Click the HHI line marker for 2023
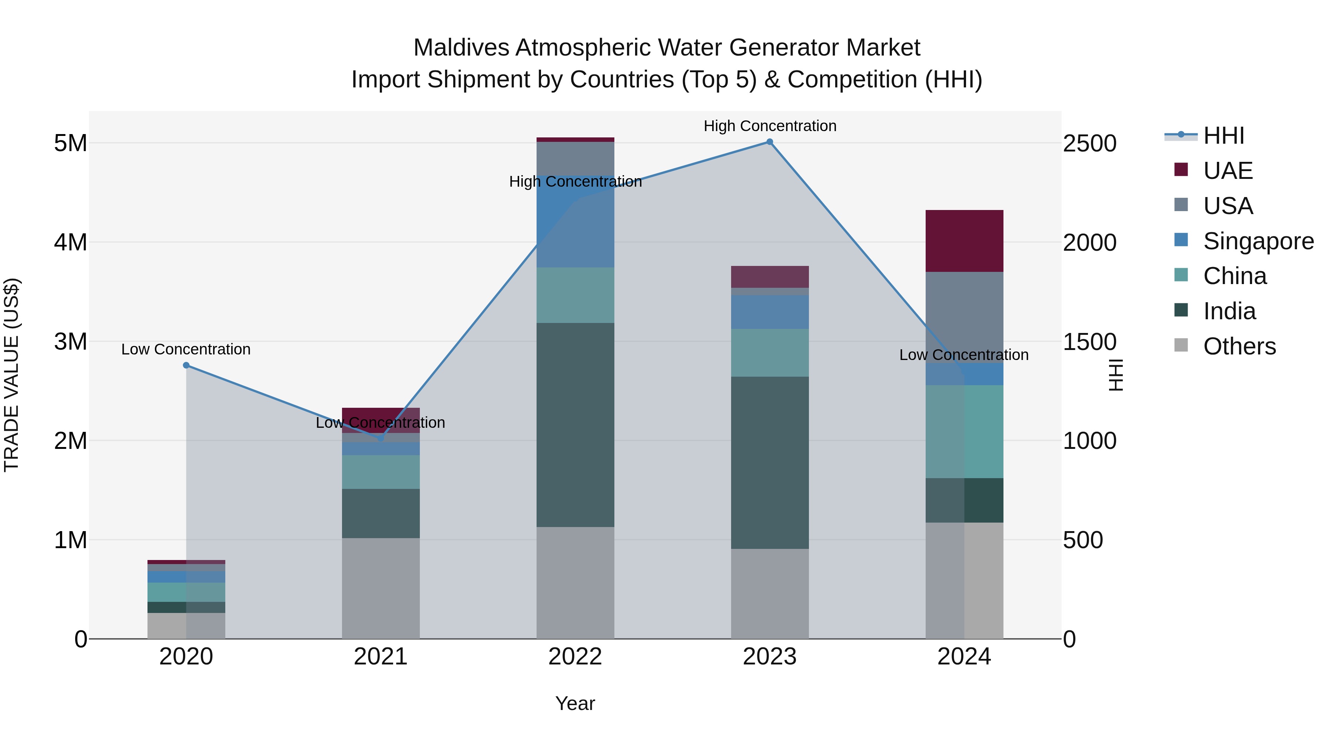[770, 142]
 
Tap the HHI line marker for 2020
[186, 366]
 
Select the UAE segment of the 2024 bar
[964, 241]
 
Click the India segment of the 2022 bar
[575, 424]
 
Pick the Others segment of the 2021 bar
[381, 588]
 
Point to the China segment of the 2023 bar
[770, 353]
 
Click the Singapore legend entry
[1258, 241]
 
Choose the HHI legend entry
[1223, 136]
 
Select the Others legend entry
[1239, 346]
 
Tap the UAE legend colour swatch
[1181, 170]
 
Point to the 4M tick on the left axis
[70, 242]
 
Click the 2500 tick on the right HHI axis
[1089, 143]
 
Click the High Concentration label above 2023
[770, 126]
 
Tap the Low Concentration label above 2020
[186, 349]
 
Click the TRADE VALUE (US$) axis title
[11, 375]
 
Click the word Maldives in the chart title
[461, 48]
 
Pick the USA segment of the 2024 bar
[964, 317]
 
